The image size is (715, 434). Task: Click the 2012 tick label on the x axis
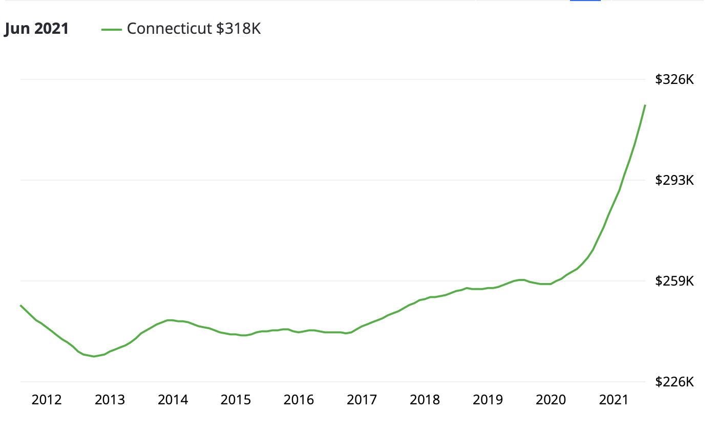(47, 400)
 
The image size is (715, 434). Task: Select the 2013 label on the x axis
(110, 400)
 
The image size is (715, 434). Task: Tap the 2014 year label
(173, 400)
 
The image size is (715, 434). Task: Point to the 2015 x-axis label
(236, 400)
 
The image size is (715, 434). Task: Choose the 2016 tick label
(299, 400)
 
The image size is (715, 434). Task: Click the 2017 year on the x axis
(362, 400)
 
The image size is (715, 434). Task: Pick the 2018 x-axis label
(425, 400)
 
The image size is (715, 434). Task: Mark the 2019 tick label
(488, 400)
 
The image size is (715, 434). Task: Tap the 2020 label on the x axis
(551, 400)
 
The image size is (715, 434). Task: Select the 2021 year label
(614, 400)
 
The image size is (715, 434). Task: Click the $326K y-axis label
(675, 80)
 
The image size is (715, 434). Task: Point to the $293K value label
(675, 180)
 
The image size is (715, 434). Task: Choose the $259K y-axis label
(675, 281)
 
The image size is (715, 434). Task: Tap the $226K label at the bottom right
(675, 382)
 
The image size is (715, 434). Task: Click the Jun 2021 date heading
(36, 29)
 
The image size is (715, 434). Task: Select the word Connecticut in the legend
(170, 29)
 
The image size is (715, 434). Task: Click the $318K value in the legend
(238, 29)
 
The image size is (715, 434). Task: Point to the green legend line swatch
(111, 29)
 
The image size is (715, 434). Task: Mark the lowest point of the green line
(94, 356)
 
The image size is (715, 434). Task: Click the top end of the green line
(645, 105)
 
